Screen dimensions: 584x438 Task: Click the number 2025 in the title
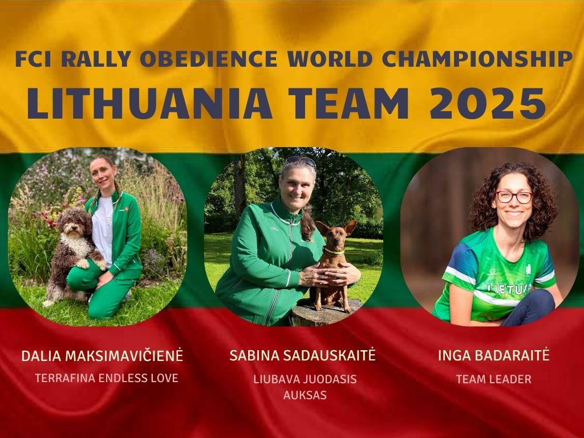tap(488, 104)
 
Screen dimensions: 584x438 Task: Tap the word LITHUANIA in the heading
tap(149, 104)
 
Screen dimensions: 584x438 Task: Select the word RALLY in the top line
tap(95, 59)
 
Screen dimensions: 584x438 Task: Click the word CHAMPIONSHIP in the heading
tap(477, 59)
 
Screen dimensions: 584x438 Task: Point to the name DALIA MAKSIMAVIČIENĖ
tap(102, 356)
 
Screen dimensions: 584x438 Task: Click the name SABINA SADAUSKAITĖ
tap(302, 355)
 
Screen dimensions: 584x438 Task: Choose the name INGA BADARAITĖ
tap(493, 355)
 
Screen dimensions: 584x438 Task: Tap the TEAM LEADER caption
tap(493, 379)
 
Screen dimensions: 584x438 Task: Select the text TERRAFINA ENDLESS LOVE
tap(107, 378)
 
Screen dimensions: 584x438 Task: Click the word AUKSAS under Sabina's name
tap(305, 395)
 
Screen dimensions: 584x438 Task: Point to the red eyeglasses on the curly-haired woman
tap(514, 197)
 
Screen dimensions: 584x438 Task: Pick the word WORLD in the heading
tap(330, 59)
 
